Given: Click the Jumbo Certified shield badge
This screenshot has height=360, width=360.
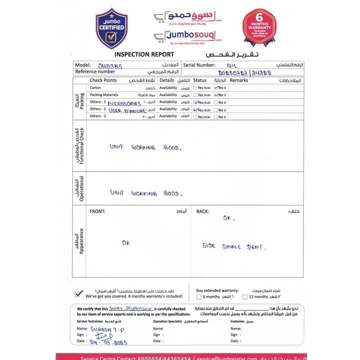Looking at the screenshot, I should click(111, 28).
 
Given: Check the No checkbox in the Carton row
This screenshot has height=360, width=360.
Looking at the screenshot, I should click(215, 87).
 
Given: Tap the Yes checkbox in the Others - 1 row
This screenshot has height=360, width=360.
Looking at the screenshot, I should click(195, 102).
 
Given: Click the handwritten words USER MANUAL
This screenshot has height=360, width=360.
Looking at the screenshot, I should click(123, 109).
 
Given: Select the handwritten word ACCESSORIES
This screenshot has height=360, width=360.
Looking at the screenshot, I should click(124, 103).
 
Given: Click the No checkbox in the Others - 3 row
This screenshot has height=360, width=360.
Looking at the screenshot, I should click(215, 116).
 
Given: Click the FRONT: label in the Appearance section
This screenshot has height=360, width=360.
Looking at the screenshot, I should click(97, 211).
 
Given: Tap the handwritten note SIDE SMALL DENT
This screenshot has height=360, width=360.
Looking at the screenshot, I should click(234, 246).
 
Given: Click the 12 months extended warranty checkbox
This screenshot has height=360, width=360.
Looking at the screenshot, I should click(244, 297).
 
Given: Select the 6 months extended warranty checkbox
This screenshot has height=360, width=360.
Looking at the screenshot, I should click(198, 297).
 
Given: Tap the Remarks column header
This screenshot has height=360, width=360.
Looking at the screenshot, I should click(239, 80).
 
